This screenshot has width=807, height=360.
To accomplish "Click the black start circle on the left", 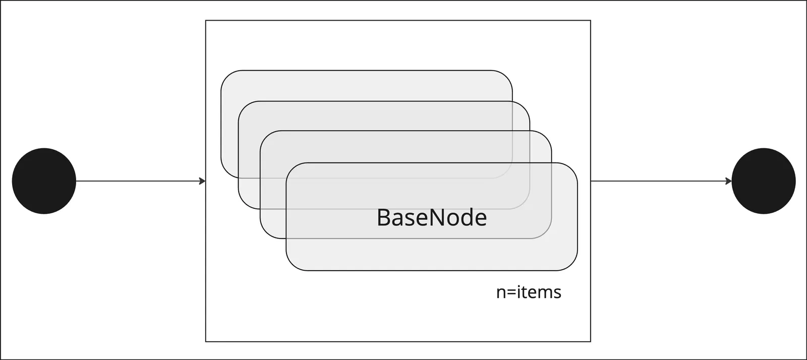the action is pos(44,181).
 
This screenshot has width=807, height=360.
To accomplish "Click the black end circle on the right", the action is pos(764,181).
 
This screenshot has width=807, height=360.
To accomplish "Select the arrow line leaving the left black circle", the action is pos(141,181).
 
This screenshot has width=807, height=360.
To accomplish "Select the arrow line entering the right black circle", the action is pos(661,181).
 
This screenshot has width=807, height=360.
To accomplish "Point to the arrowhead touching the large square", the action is pos(202,181).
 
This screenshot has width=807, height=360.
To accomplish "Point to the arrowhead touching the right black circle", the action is pos(728,181).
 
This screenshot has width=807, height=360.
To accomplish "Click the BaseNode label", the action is pos(432,217).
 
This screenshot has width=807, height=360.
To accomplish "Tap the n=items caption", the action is pos(529,292).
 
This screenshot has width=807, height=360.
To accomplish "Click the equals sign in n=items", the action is pos(511,292).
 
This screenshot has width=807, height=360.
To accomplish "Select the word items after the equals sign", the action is pos(539,292).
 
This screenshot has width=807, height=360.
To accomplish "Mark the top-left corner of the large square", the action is pos(206,21).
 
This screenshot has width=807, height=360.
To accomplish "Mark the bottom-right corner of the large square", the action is pos(591,341).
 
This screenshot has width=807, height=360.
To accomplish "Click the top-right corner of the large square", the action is pos(591,21).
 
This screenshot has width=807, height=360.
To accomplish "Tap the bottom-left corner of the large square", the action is pos(206,341).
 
